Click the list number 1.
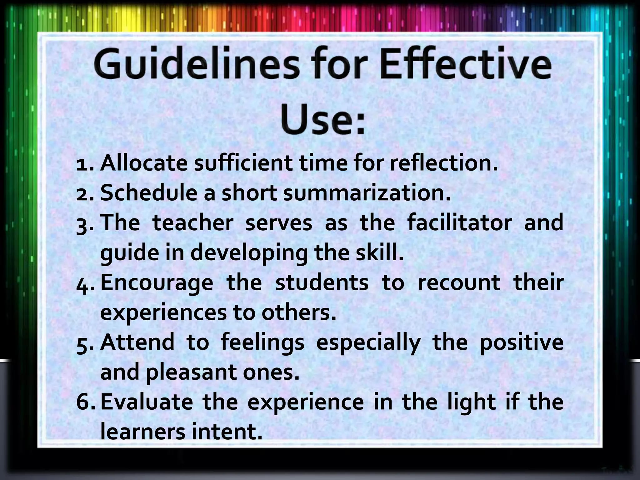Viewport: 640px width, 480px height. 84,164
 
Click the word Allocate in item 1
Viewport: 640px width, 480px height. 144,163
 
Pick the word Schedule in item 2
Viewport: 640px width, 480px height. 149,193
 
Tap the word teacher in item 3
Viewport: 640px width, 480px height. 193,223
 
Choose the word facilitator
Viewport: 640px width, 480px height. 459,223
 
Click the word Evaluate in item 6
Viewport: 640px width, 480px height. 147,402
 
